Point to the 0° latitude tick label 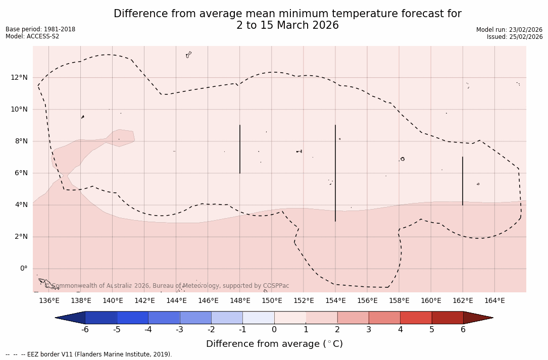tap(23, 269)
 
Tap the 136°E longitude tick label tap(49, 301)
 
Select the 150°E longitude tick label tap(272, 301)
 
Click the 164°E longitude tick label tap(494, 301)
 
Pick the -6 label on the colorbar tap(85, 330)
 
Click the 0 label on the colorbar tap(274, 330)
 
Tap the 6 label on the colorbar tap(463, 330)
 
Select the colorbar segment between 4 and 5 tap(416, 318)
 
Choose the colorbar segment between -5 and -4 tap(132, 318)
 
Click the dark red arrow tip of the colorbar tap(477, 318)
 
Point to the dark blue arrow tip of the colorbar tap(71, 318)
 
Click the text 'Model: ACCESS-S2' tap(32, 36)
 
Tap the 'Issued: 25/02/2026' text tap(515, 37)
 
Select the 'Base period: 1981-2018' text tap(40, 29)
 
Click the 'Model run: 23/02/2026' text tap(509, 30)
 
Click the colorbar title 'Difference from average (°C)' tap(274, 344)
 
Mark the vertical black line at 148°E tap(240, 149)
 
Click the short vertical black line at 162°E tap(463, 181)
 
